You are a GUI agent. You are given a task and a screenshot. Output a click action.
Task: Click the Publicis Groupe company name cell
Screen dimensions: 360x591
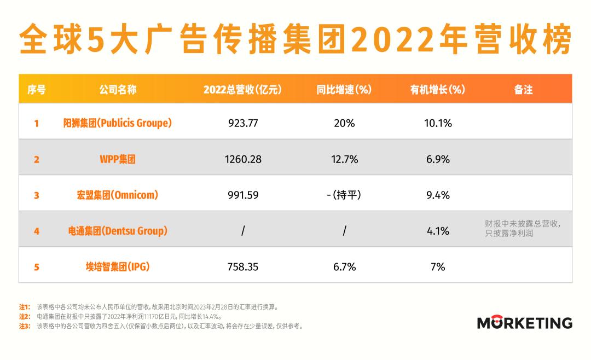[118, 123]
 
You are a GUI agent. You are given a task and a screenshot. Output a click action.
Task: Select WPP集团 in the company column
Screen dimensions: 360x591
[118, 159]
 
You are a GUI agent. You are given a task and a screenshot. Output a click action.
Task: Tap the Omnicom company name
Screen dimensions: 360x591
[118, 195]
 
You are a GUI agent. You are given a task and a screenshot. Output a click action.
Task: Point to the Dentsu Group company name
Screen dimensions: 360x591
[118, 231]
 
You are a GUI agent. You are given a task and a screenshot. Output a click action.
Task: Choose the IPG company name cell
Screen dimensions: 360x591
[118, 267]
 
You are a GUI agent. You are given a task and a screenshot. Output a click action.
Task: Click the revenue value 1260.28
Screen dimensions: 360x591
[243, 159]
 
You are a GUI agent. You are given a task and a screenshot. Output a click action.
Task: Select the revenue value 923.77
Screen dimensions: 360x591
[243, 123]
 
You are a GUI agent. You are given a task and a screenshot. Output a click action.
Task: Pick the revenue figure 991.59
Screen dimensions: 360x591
[243, 195]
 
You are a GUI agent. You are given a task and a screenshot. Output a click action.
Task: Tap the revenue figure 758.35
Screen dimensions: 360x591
[243, 267]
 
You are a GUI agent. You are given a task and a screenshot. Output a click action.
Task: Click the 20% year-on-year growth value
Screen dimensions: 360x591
[344, 123]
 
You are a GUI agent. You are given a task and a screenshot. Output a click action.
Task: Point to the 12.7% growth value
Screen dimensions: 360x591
[344, 159]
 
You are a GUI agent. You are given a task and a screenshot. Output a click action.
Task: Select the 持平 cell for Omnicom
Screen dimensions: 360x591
[344, 195]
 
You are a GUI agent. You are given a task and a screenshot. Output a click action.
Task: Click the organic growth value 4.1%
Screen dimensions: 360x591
[438, 231]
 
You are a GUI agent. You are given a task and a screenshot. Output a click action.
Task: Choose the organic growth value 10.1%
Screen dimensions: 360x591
[438, 123]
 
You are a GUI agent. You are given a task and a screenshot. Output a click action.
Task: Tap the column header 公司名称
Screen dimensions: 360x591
[118, 90]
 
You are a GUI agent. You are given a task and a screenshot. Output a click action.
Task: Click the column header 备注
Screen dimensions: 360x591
[523, 90]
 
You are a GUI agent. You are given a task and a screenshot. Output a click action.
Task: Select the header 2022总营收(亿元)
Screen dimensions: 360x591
[242, 90]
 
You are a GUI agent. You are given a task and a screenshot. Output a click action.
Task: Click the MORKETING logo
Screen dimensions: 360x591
[524, 322]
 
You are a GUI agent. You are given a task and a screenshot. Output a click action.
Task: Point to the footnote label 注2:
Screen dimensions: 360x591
[24, 316]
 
